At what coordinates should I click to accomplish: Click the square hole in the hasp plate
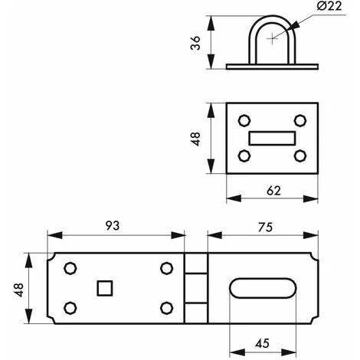pos(103,288)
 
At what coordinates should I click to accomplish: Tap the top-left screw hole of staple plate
pos(244,120)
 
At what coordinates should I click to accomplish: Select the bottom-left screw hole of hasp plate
pos(70,308)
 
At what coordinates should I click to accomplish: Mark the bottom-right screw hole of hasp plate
pos(165,308)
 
